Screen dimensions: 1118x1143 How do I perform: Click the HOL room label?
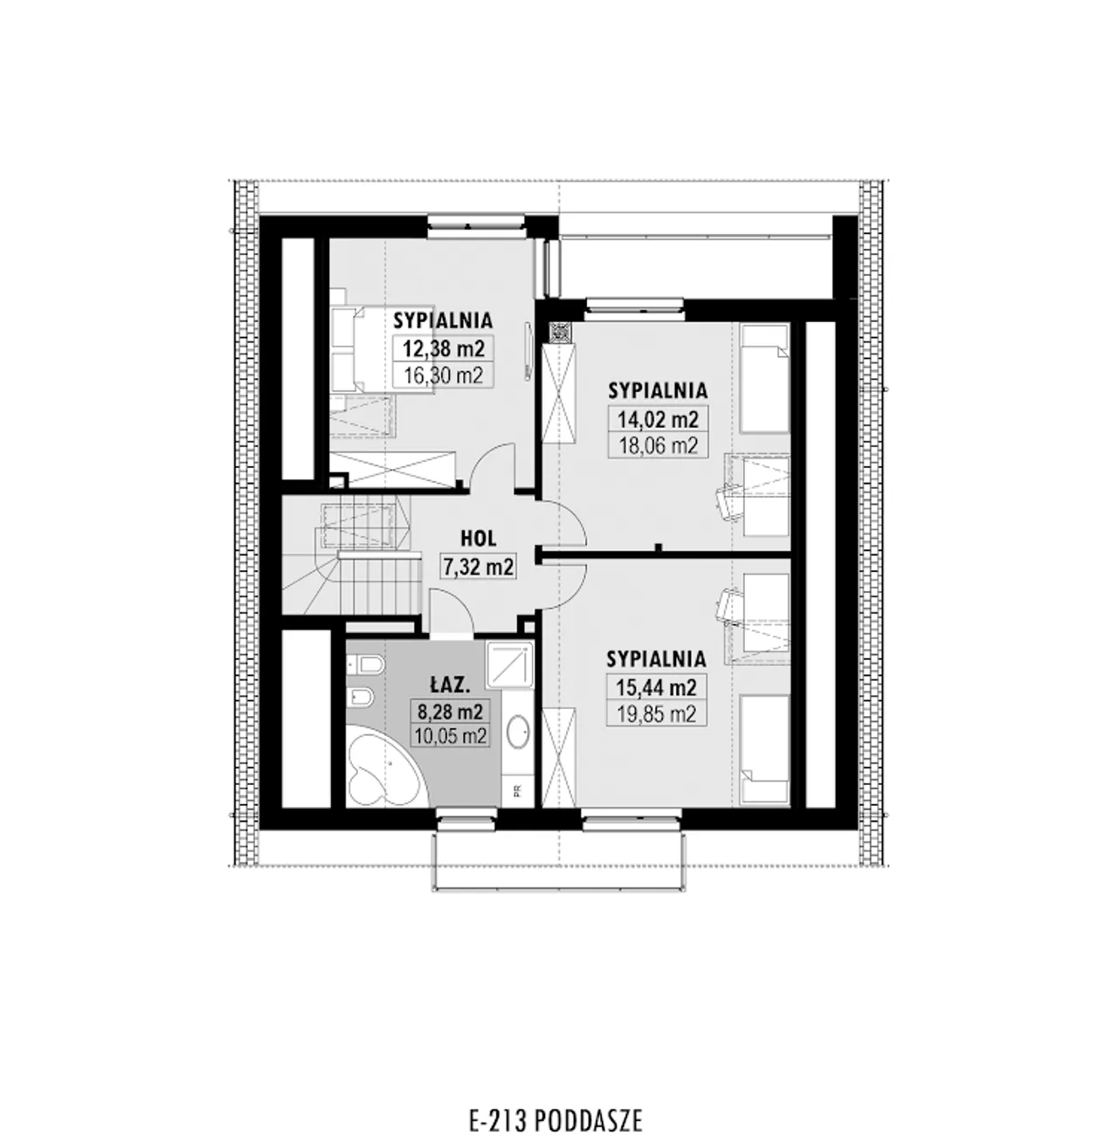pos(478,538)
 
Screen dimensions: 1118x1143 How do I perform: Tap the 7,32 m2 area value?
pos(479,567)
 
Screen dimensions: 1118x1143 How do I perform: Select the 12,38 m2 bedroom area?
pos(443,348)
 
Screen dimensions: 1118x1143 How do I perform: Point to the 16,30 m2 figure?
pos(443,374)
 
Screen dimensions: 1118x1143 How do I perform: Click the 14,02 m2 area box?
pos(658,419)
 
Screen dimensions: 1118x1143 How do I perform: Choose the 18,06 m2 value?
pos(658,446)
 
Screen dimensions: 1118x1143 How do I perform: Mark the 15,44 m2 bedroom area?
pos(656,686)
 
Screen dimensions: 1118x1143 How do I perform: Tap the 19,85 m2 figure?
pos(656,713)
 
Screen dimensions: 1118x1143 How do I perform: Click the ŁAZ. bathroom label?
pos(450,685)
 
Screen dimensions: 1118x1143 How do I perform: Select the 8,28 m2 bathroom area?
pos(450,712)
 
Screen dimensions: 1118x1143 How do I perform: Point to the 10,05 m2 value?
pos(450,735)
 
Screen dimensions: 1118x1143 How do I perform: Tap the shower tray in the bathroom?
pos(510,664)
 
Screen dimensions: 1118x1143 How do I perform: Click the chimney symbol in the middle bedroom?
pos(557,333)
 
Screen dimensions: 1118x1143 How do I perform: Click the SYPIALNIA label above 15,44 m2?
pos(656,659)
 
